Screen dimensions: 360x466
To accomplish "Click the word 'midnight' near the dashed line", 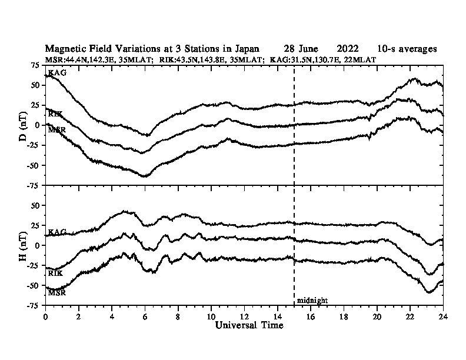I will click(x=312, y=301).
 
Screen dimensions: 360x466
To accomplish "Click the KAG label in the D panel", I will click(x=57, y=73).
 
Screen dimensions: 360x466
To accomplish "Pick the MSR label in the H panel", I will click(x=56, y=292).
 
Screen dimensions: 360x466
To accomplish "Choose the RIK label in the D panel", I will click(x=55, y=114).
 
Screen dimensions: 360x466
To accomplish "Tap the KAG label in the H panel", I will click(x=57, y=233).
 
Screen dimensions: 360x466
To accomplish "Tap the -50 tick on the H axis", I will click(x=35, y=285).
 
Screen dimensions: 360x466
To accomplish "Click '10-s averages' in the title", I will click(x=408, y=49).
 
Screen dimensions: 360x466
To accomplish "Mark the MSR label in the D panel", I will click(x=56, y=129).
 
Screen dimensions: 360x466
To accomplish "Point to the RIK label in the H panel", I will click(x=55, y=274).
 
